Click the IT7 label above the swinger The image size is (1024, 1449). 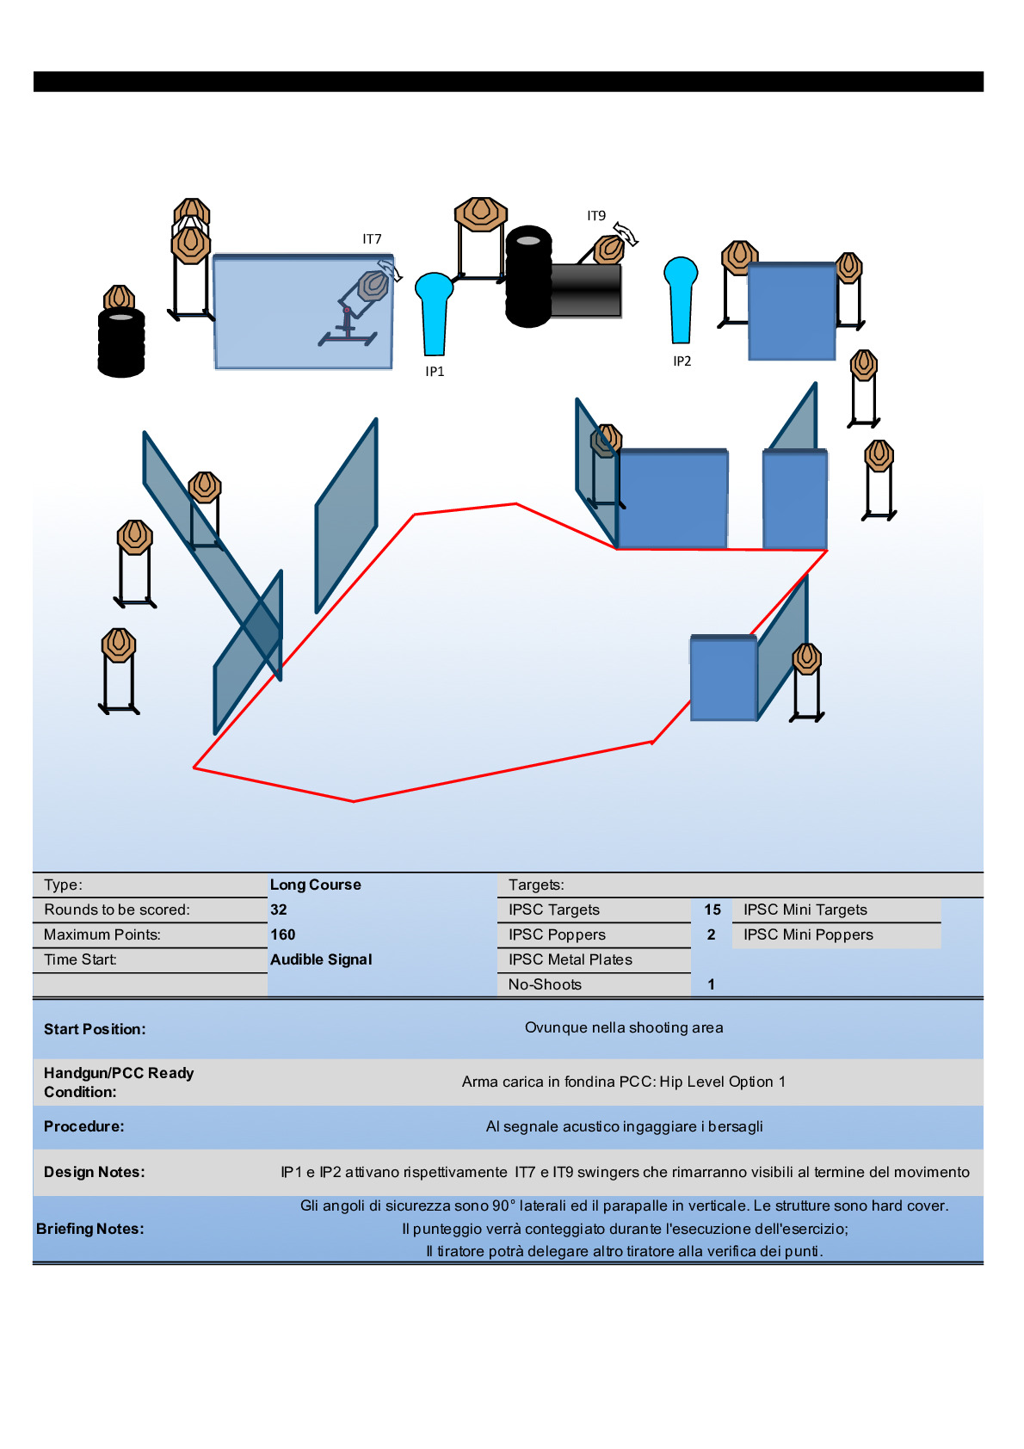[372, 239]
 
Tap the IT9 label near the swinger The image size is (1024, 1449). [596, 216]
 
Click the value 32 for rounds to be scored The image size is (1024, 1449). [279, 909]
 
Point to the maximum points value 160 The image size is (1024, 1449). [283, 934]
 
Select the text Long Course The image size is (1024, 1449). [316, 885]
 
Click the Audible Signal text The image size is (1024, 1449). [321, 959]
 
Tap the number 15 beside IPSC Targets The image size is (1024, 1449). [712, 909]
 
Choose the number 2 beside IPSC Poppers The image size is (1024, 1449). [712, 934]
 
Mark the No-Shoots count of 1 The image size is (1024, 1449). [712, 984]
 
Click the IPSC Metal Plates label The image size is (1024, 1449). [570, 959]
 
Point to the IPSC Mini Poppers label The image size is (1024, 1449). [808, 934]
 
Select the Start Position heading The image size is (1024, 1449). [95, 1029]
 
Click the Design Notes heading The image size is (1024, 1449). [95, 1172]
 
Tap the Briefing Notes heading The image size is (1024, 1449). [90, 1229]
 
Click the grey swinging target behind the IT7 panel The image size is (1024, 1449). [372, 286]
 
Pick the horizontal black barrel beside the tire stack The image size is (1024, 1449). [585, 291]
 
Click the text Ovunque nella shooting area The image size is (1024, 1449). [624, 1027]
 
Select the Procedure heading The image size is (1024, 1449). [84, 1126]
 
